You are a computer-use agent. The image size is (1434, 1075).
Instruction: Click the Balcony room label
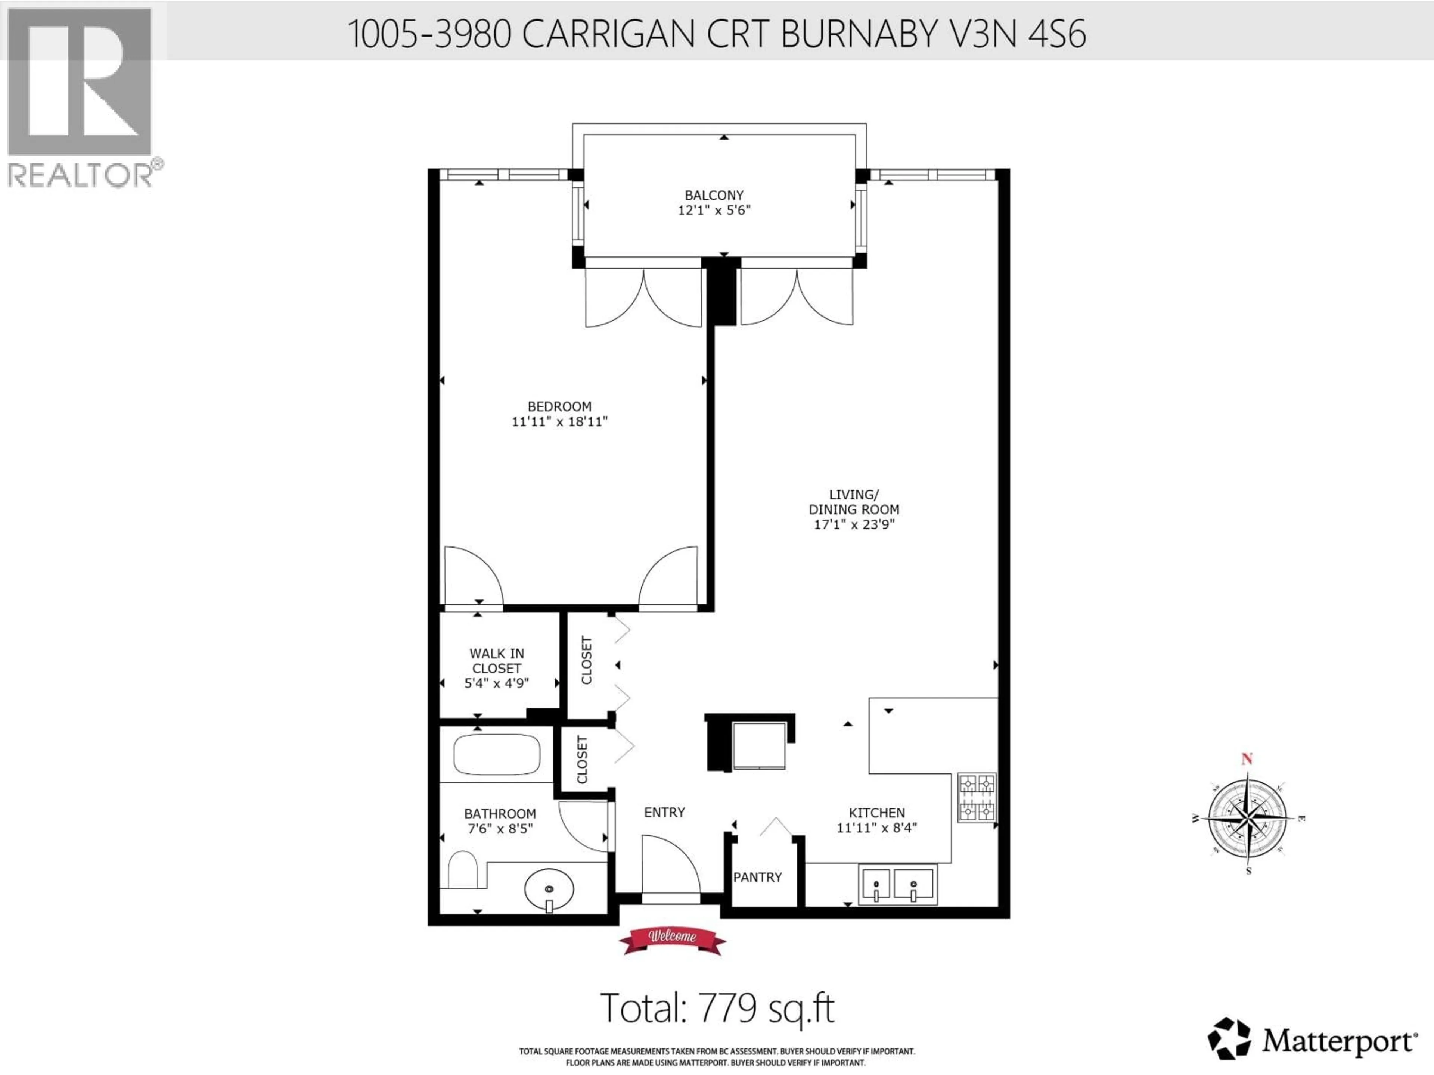(x=714, y=195)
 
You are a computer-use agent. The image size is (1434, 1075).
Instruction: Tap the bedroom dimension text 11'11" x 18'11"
(x=559, y=422)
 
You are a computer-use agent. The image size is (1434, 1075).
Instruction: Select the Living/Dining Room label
(x=853, y=502)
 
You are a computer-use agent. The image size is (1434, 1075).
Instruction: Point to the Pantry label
(x=757, y=878)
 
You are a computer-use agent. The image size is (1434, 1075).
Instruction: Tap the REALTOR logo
(x=80, y=97)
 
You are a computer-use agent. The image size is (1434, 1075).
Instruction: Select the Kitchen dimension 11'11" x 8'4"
(x=876, y=828)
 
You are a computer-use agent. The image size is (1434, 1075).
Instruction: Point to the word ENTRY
(x=664, y=813)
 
